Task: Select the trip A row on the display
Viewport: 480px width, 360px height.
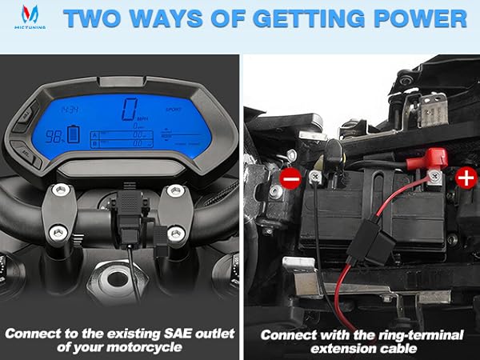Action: (x=120, y=133)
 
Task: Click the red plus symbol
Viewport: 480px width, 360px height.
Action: (x=466, y=177)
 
